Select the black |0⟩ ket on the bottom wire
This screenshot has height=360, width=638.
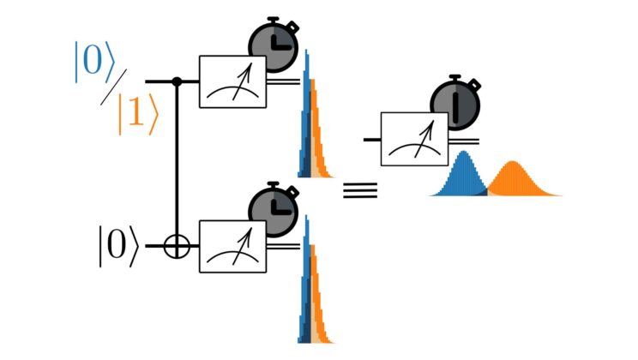pos(117,246)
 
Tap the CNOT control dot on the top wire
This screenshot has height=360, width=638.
pos(177,81)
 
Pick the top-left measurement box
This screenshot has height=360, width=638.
pos(232,81)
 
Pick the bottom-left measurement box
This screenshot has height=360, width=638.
pos(232,246)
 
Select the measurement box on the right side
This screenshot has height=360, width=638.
pos(413,138)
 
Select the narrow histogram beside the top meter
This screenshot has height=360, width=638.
pos(310,129)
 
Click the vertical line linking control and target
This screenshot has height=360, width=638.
pos(177,163)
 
